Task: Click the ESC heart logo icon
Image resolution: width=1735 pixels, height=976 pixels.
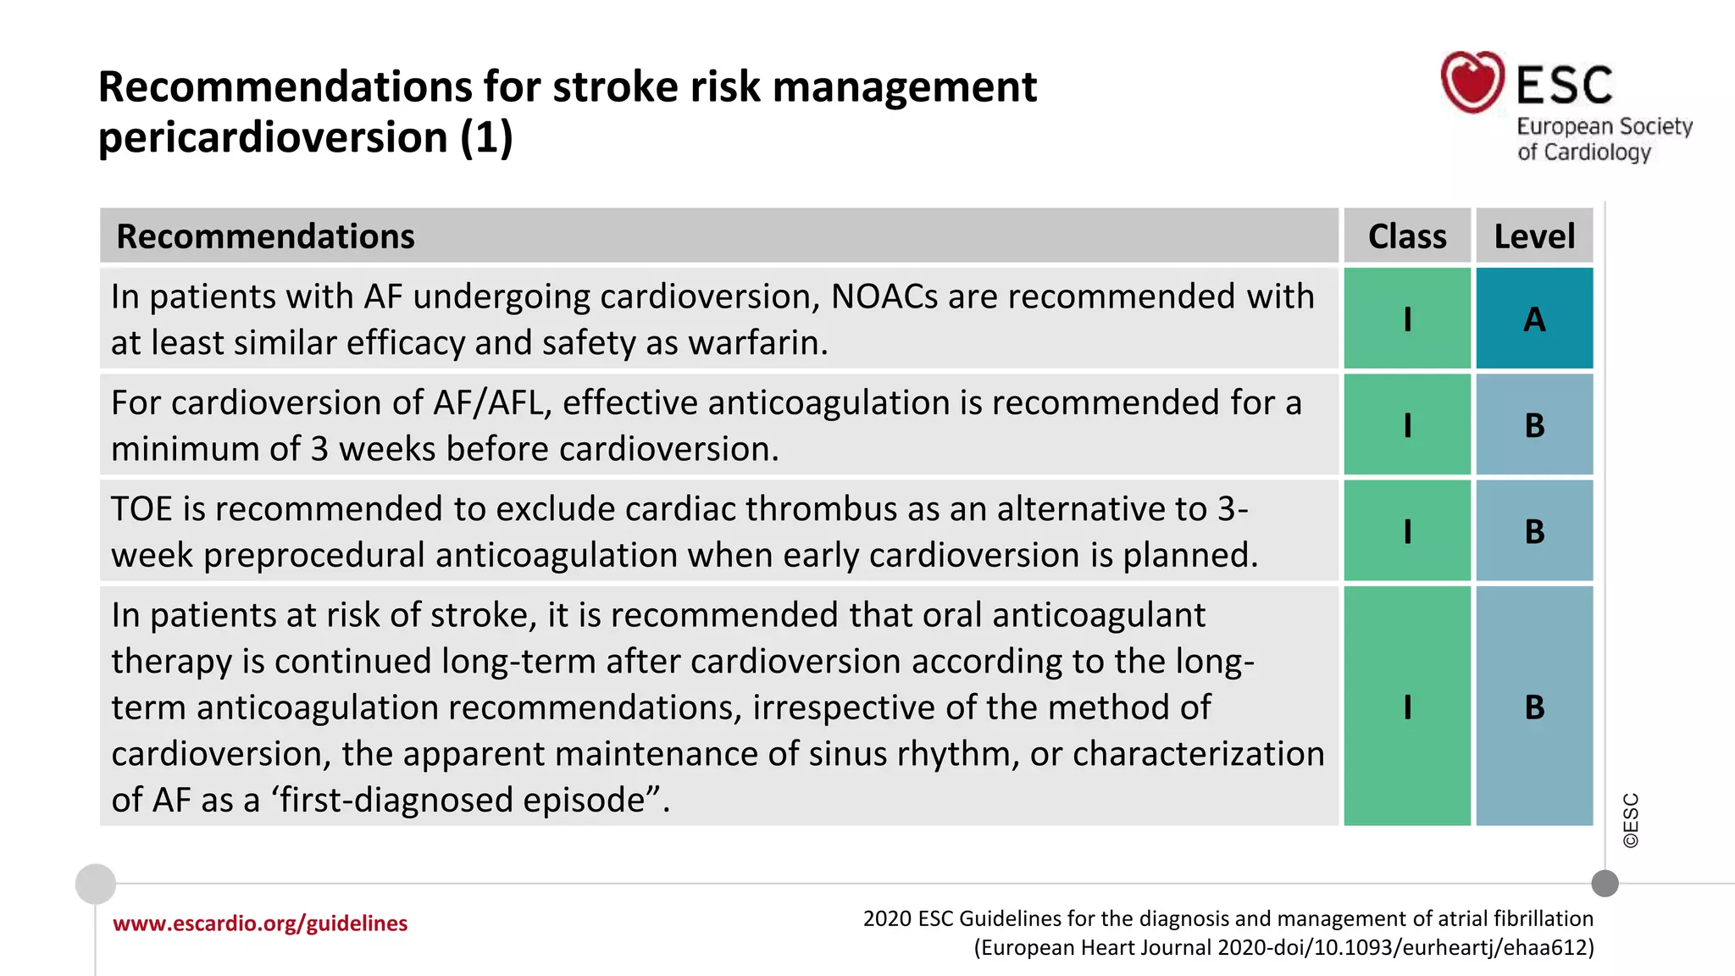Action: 1472,81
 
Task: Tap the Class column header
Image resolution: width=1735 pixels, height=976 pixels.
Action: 1407,236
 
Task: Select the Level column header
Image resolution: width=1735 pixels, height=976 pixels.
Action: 1534,236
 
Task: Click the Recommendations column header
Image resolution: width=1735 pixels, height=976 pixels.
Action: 265,236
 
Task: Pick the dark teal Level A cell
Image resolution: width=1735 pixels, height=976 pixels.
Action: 1534,319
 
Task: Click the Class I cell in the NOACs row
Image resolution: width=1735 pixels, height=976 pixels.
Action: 1407,319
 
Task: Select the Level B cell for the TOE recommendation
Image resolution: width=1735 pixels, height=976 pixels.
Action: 1534,531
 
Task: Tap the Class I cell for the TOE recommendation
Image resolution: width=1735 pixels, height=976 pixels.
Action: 1407,531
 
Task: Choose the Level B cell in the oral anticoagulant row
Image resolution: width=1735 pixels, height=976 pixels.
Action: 1534,707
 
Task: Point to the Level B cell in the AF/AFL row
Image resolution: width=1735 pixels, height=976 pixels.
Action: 1534,425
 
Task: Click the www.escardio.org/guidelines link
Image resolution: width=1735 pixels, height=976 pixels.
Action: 260,923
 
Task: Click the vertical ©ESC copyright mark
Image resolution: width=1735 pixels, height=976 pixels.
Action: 1631,820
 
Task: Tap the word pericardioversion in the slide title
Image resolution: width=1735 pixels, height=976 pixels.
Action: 273,137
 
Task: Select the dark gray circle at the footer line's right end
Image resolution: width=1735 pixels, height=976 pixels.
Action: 1605,884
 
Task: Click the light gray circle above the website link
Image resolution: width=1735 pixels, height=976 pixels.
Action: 96,884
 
